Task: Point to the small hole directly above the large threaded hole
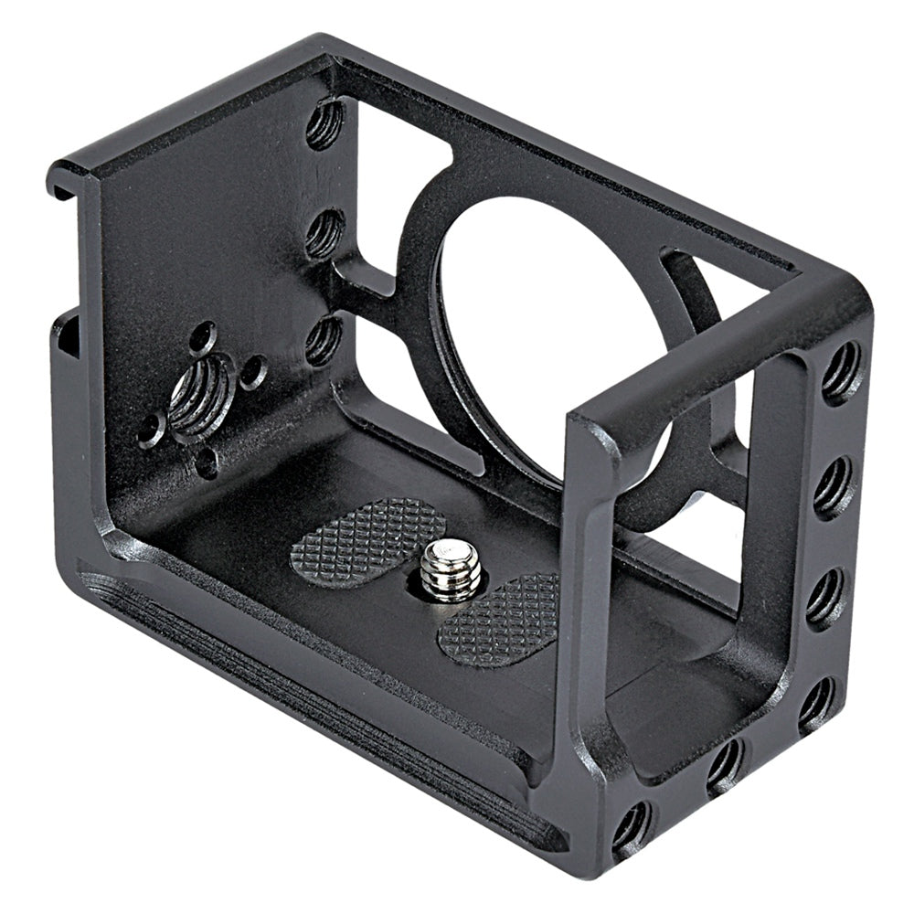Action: [x=203, y=337]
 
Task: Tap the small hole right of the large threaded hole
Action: [x=252, y=371]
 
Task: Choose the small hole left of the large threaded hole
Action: [x=152, y=428]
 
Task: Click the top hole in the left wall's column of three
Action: [x=324, y=124]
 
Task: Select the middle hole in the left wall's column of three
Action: [x=324, y=233]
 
